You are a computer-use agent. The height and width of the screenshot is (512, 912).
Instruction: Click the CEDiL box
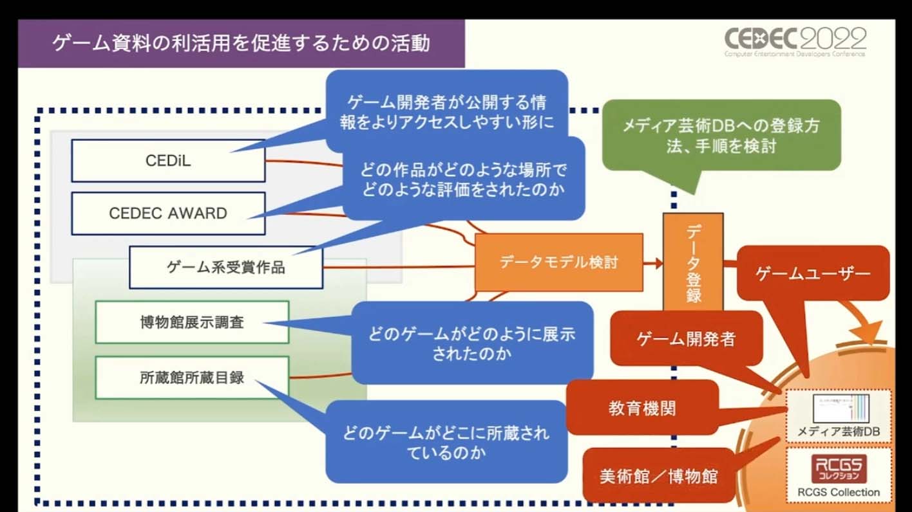point(168,161)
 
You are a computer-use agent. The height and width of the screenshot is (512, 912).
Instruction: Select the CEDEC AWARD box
point(168,214)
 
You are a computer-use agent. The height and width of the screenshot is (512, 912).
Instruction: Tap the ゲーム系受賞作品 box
point(226,268)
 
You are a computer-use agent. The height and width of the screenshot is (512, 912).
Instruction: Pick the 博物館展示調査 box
point(192,322)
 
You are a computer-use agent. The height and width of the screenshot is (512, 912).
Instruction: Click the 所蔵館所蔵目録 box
point(192,378)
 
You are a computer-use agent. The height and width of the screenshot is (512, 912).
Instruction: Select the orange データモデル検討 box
point(558,262)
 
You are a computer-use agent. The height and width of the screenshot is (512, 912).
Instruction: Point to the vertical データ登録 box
point(693,264)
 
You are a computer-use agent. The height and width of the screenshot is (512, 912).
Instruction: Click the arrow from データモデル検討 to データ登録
point(653,262)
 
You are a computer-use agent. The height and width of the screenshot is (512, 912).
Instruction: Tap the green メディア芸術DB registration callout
point(721,135)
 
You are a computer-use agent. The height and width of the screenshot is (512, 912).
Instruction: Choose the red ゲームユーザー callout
point(813,273)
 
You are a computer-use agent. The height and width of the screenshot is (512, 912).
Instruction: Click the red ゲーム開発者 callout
point(686,338)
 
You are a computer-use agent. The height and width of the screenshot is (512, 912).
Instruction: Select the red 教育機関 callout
point(642,407)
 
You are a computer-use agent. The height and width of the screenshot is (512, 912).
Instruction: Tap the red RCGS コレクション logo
point(839,470)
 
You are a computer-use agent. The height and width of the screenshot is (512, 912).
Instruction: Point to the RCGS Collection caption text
point(839,493)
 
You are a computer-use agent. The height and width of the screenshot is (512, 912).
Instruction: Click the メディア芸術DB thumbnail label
point(838,432)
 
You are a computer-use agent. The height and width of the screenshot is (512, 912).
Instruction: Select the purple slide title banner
point(242,44)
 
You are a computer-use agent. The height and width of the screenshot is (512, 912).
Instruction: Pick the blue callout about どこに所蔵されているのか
point(446,442)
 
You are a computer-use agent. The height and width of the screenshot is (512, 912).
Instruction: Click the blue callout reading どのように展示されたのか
point(471,343)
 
